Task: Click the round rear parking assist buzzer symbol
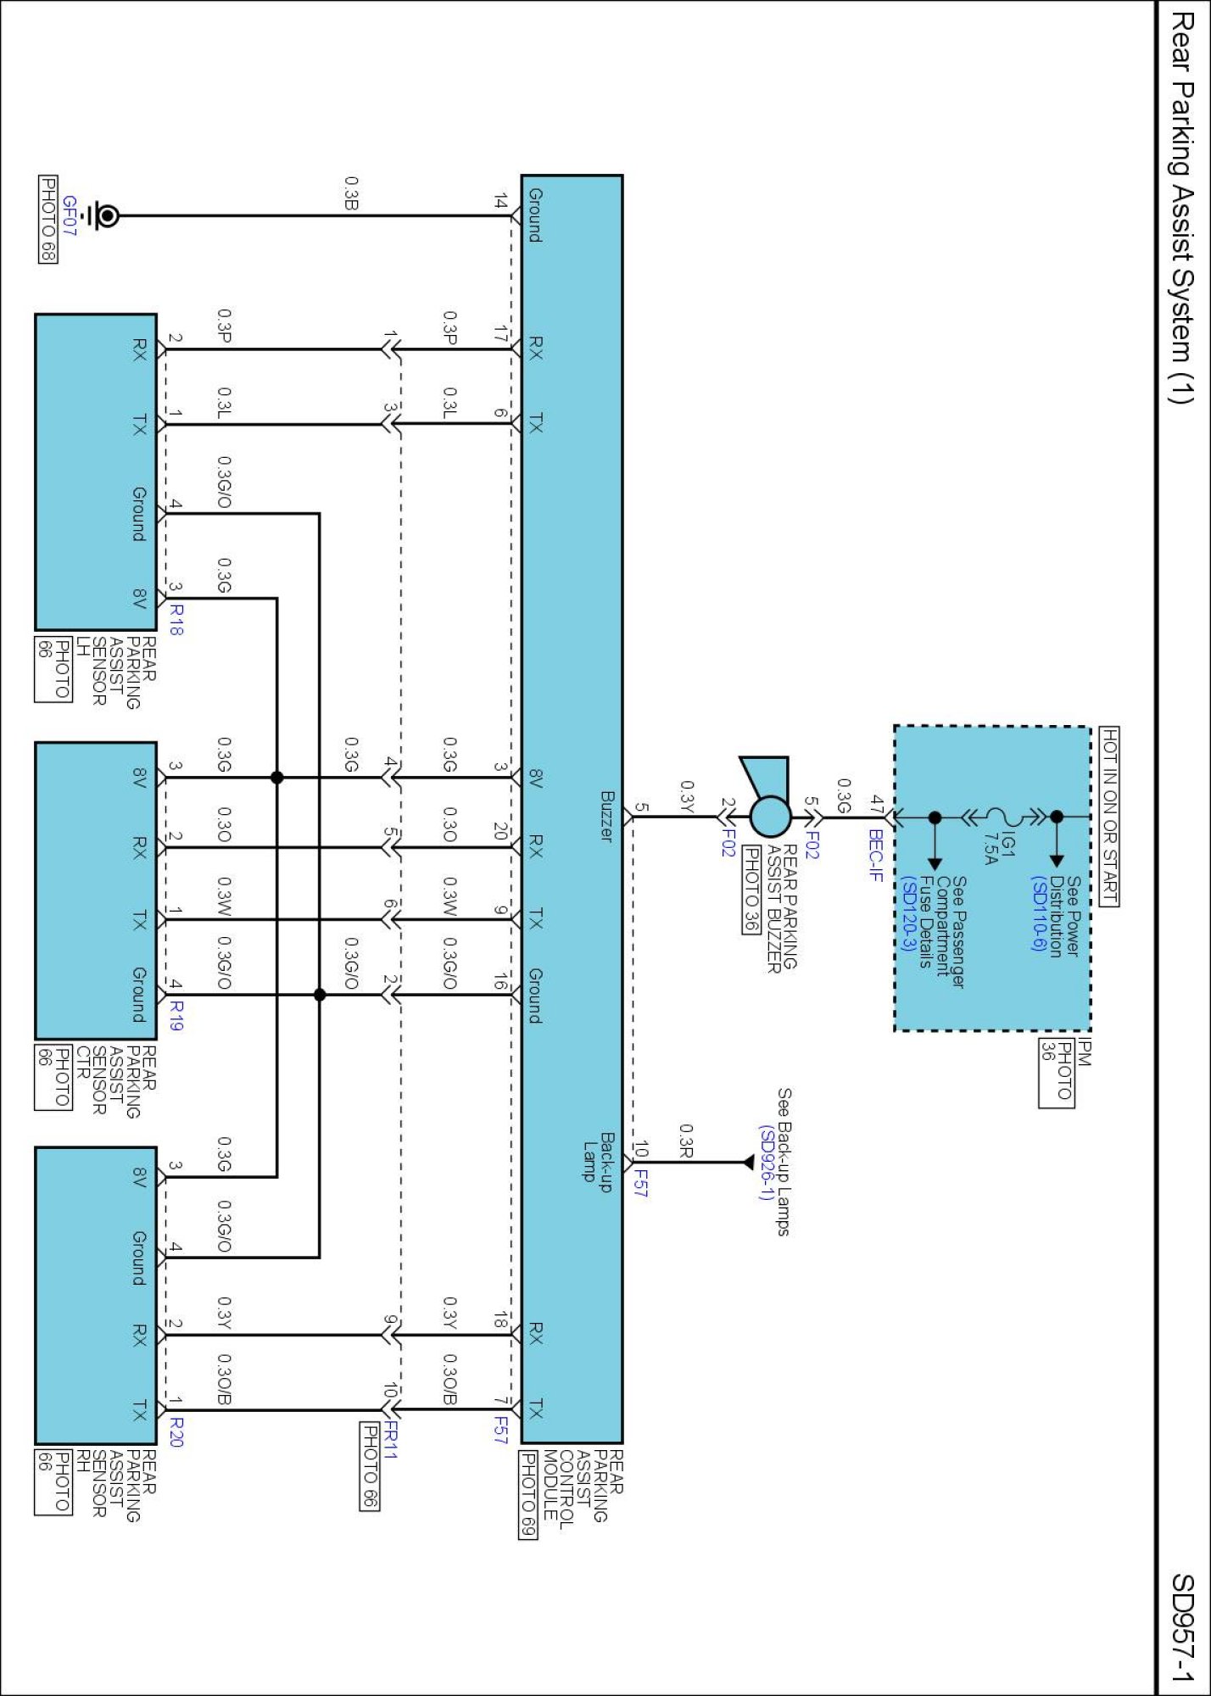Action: (770, 817)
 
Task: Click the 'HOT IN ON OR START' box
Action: (1109, 817)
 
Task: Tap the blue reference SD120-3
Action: (907, 914)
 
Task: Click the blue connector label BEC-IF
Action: (876, 856)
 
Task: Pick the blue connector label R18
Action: (176, 620)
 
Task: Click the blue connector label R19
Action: (176, 1015)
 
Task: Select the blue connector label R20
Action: (176, 1431)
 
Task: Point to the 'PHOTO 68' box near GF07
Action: (48, 220)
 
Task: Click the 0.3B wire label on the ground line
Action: (351, 192)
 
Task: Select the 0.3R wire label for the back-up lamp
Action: (686, 1141)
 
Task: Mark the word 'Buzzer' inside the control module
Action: (607, 816)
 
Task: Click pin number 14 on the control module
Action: (500, 202)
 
